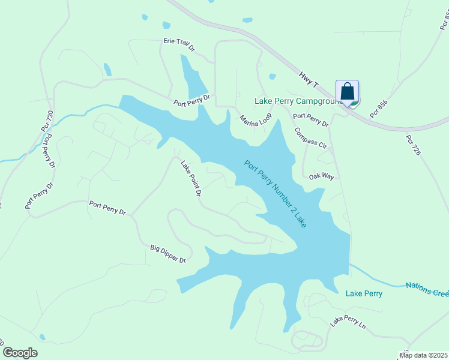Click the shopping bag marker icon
[347, 92]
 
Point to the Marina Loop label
[256, 119]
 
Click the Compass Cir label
[310, 138]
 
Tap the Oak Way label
[321, 177]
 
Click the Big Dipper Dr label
[167, 253]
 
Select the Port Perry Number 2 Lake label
[275, 193]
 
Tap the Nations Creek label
[427, 289]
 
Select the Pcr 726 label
[413, 145]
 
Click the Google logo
[20, 352]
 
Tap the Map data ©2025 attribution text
[423, 355]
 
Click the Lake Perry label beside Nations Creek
[364, 293]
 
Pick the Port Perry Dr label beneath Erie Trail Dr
[192, 100]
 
